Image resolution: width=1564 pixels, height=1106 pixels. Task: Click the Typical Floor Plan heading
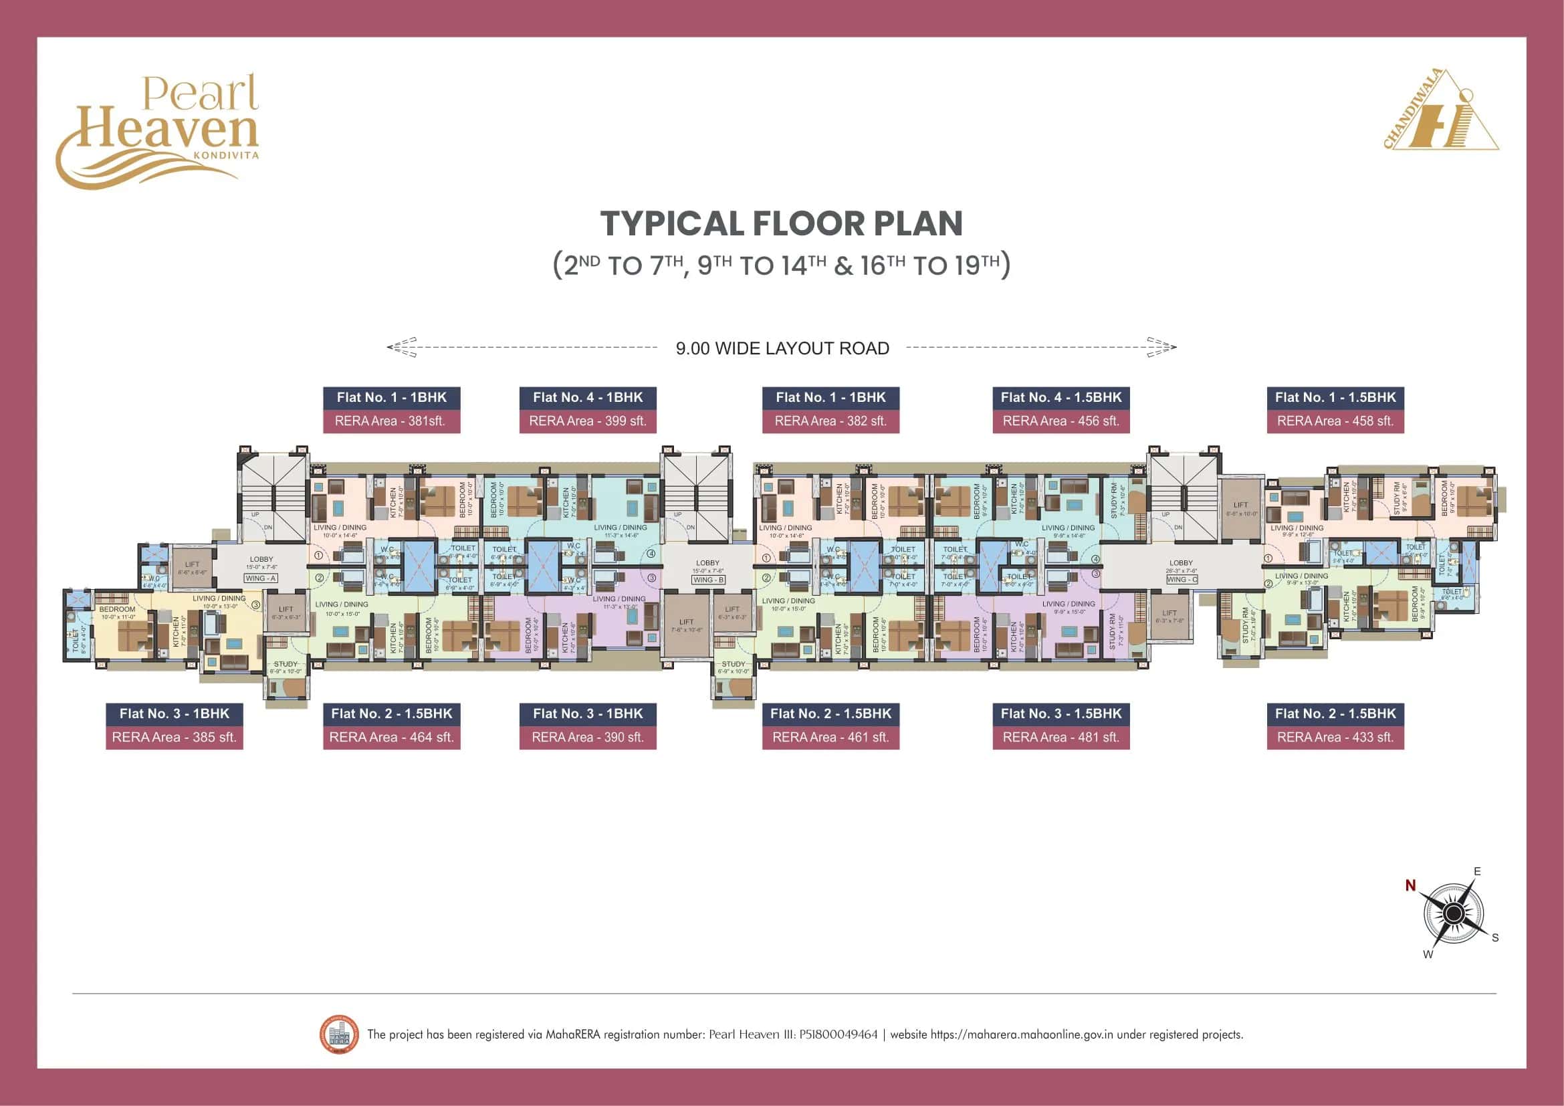click(781, 224)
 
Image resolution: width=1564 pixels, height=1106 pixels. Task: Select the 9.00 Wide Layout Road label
click(782, 348)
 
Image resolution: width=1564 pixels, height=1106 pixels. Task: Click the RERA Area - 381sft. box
click(391, 421)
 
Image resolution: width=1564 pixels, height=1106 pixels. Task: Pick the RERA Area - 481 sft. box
click(1060, 738)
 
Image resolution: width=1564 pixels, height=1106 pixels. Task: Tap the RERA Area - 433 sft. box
click(1335, 738)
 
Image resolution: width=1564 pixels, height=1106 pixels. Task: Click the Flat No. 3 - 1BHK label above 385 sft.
click(175, 713)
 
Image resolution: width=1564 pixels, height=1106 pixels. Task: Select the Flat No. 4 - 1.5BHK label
click(1060, 398)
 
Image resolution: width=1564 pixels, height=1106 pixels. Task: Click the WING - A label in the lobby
click(260, 578)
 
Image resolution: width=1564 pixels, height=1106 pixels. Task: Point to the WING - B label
click(708, 580)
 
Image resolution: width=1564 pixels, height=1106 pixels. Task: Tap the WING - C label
click(1182, 580)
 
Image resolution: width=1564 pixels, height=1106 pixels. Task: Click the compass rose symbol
click(1454, 913)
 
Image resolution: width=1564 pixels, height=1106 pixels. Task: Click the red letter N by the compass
click(1410, 885)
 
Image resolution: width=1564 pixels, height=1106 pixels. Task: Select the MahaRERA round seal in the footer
click(338, 1034)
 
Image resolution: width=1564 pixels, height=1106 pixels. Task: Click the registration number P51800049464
click(839, 1034)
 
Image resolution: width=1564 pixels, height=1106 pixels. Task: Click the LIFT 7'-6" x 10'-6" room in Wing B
click(686, 625)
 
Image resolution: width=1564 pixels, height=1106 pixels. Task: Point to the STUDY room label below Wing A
click(286, 664)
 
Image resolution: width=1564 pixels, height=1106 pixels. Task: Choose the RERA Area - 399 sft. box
click(587, 421)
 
